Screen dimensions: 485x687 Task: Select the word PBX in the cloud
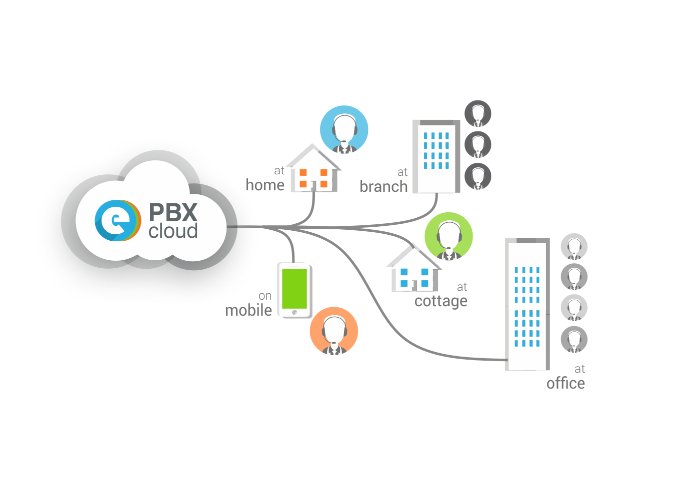173,212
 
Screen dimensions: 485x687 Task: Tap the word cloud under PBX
173,231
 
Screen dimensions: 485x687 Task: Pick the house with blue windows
414,272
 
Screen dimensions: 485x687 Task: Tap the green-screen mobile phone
294,290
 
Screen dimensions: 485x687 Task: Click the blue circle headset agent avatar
344,129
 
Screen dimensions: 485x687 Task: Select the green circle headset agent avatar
448,236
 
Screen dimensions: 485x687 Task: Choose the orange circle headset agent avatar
333,331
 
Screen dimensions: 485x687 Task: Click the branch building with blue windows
436,156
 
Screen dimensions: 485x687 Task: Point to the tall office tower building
527,304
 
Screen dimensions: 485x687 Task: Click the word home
265,185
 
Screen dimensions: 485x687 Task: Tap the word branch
383,187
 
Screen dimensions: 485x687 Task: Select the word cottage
441,301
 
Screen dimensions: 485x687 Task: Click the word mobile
248,310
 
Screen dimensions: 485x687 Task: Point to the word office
565,384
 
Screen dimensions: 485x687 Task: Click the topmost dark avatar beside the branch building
478,114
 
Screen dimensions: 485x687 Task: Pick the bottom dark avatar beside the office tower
574,340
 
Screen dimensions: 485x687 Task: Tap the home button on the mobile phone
294,312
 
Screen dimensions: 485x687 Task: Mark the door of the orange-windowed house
313,186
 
